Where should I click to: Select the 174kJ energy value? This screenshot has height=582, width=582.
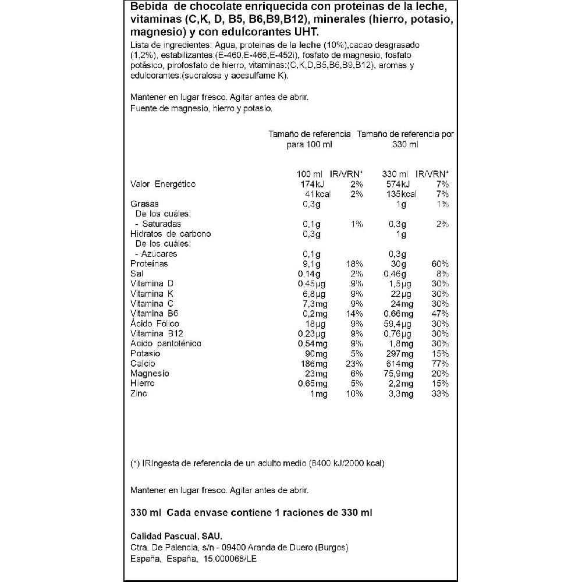coord(308,184)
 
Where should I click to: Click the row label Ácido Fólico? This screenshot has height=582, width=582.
coord(155,324)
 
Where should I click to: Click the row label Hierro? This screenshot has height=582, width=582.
coord(142,384)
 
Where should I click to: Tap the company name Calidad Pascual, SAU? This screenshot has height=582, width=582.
coord(176,536)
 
